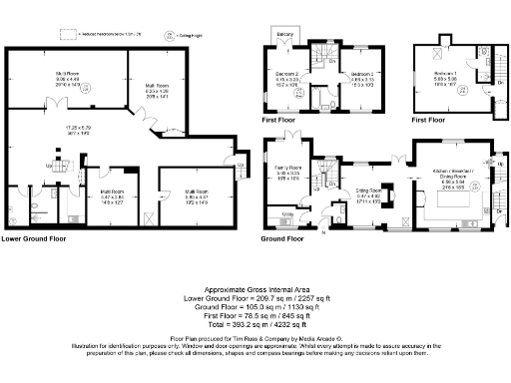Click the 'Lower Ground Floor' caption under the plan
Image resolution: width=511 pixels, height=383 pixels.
[x=38, y=239]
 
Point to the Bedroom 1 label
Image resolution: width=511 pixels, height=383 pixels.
[x=445, y=74]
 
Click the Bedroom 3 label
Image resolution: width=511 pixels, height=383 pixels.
[x=361, y=74]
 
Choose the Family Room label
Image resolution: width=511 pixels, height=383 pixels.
[x=287, y=167]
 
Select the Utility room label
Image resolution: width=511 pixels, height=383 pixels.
[x=286, y=212]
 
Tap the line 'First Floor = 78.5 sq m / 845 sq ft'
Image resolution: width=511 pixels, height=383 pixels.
[x=255, y=315]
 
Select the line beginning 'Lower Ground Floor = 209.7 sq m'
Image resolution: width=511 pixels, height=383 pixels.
[x=255, y=297]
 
